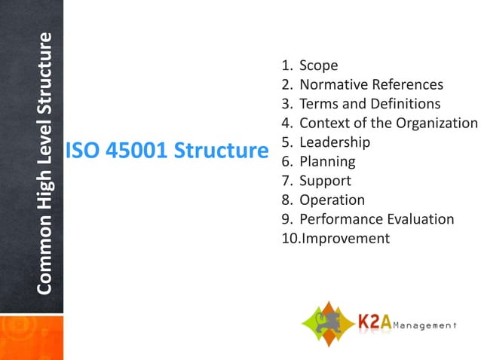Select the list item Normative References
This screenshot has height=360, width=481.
pyautogui.click(x=371, y=85)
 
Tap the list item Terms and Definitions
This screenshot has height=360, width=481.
pyautogui.click(x=369, y=104)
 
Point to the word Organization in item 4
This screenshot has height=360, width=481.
pyautogui.click(x=436, y=124)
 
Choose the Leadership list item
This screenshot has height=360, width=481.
pyautogui.click(x=334, y=142)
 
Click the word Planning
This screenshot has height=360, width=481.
pyautogui.click(x=326, y=161)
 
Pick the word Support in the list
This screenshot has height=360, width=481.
pyautogui.click(x=325, y=181)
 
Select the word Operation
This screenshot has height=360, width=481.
pyautogui.click(x=332, y=200)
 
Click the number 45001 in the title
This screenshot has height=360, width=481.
pyautogui.click(x=136, y=151)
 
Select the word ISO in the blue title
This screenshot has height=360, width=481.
pyautogui.click(x=82, y=151)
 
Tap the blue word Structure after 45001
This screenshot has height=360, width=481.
pyautogui.click(x=222, y=151)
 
